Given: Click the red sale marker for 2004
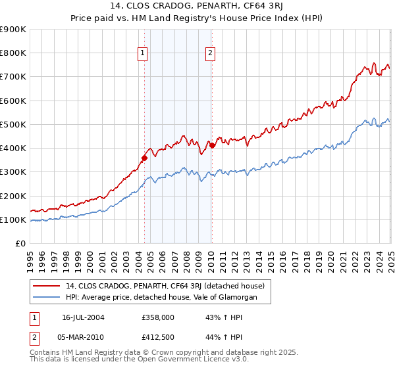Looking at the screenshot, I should pyautogui.click(x=144, y=158).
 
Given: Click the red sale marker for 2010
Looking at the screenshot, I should pyautogui.click(x=212, y=145).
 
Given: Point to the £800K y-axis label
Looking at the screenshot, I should pyautogui.click(x=14, y=53).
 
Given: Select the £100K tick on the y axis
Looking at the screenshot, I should pyautogui.click(x=14, y=219).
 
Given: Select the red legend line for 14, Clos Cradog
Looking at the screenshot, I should pyautogui.click(x=46, y=286).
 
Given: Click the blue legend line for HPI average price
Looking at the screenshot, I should pyautogui.click(x=46, y=298).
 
